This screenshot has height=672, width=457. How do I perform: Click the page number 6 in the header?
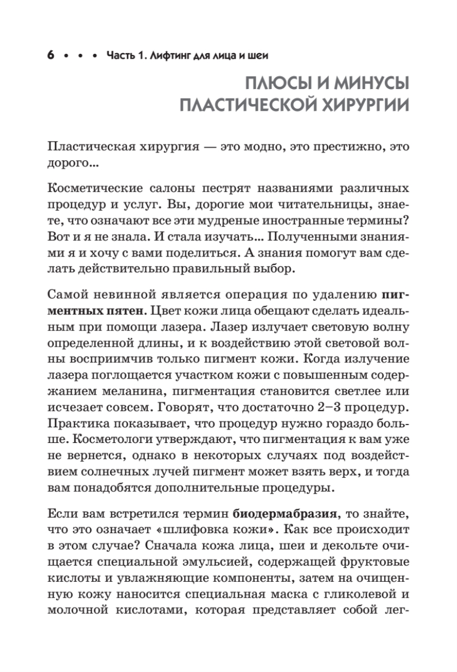point(51,56)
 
